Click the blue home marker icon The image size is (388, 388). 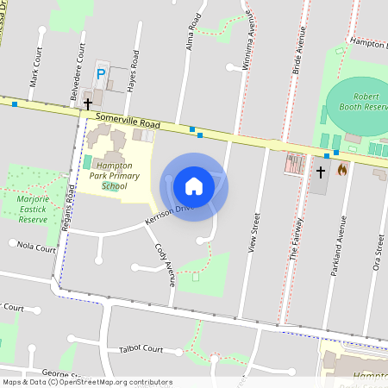coord(194,185)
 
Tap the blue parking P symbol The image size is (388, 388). coord(101,75)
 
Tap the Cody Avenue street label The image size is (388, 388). coord(165,264)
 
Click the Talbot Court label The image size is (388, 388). coord(141,349)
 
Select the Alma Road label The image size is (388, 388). coord(193,31)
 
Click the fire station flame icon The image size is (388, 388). coord(341,170)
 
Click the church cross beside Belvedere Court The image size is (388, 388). coord(87,103)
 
